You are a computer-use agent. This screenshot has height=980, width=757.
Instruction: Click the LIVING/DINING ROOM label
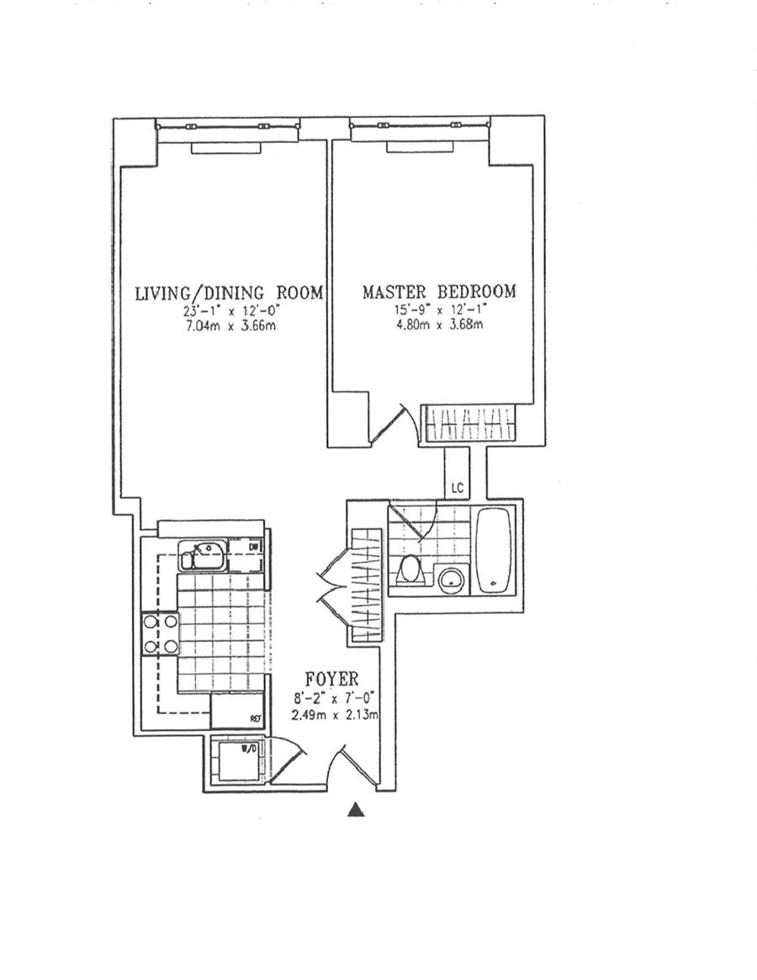point(230,293)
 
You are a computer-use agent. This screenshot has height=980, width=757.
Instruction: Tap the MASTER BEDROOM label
point(440,292)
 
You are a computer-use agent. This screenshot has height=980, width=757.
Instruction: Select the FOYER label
point(331,678)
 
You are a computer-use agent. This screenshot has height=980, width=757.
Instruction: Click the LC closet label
point(458,488)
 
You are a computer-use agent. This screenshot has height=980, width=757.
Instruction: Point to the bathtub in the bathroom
point(495,550)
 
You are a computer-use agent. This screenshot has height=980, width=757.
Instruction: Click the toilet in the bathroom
point(410,569)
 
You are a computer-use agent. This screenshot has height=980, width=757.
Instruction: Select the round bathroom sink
point(452,579)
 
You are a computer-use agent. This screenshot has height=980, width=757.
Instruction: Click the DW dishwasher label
point(253,548)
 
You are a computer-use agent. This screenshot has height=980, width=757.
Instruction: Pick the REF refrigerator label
point(255,718)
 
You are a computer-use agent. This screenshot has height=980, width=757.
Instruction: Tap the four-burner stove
point(161,633)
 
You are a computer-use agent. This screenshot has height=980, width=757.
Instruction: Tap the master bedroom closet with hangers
point(468,424)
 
